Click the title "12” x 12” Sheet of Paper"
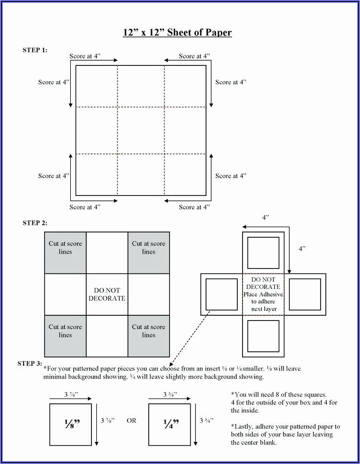pos(177,33)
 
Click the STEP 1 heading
pos(35,50)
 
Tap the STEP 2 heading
pos(35,223)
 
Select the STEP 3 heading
pos(29,363)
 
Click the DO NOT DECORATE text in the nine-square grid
pos(107,294)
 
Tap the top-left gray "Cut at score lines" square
pos(65,253)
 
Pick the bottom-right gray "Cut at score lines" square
pos(149,335)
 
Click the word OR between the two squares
pos(131,421)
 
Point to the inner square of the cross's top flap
pos(263,253)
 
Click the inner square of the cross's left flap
pos(221,294)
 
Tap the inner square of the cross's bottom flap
pos(263,335)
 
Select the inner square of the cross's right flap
pos(305,294)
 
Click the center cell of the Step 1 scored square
pos(141,130)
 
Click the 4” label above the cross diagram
pos(265,218)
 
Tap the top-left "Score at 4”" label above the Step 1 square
pos(85,56)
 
